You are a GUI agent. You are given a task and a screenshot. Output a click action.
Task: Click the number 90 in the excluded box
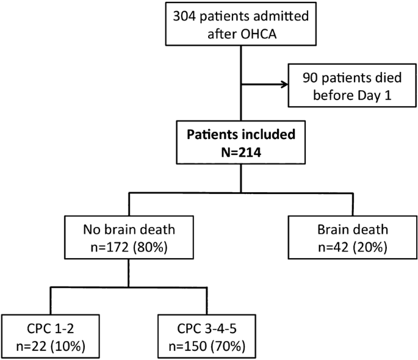coord(310,77)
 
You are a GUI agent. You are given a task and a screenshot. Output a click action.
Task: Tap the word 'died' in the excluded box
coord(384,77)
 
